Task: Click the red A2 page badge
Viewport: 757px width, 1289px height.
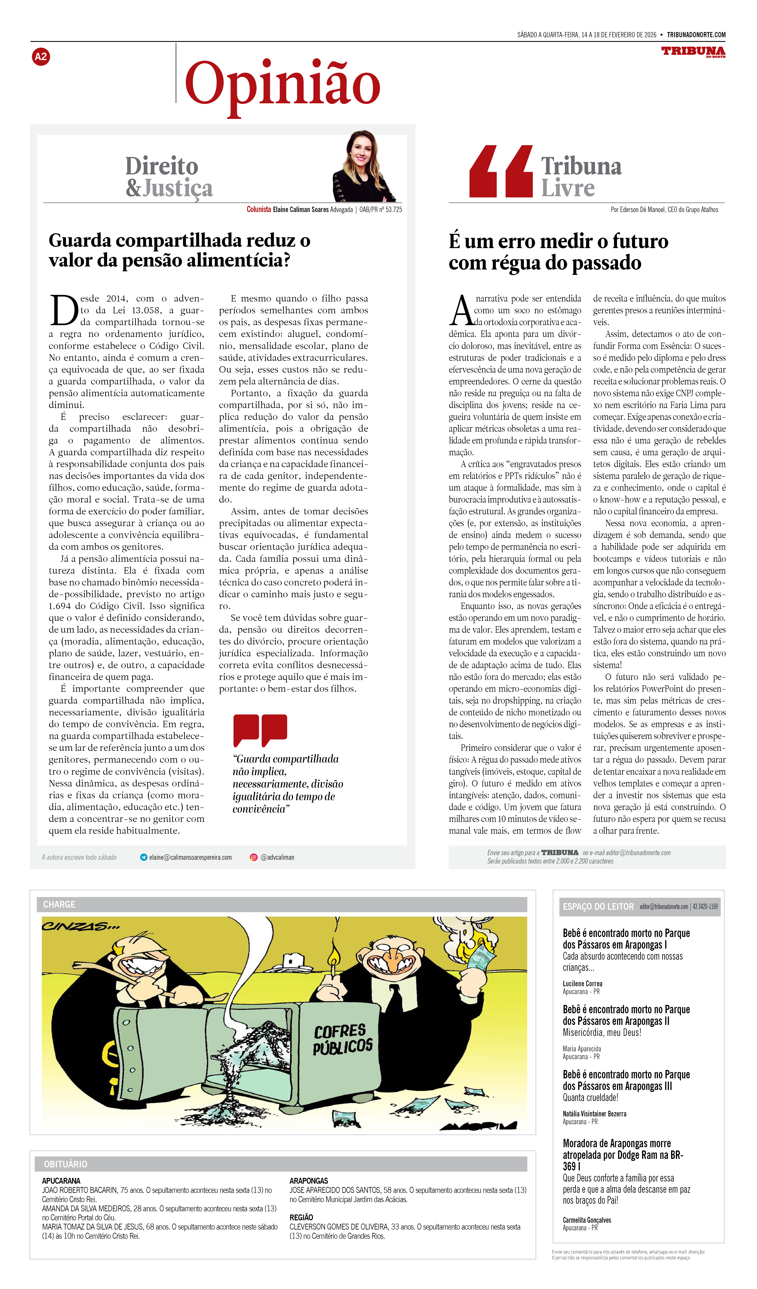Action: pyautogui.click(x=41, y=57)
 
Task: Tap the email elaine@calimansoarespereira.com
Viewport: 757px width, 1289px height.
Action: pyautogui.click(x=190, y=857)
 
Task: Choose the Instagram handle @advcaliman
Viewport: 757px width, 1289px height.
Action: pyautogui.click(x=277, y=857)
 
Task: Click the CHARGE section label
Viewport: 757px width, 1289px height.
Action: pyautogui.click(x=59, y=904)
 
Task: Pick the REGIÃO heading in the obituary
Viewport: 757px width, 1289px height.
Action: pyautogui.click(x=301, y=1217)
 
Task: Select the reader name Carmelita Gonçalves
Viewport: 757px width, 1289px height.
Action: pyautogui.click(x=587, y=1220)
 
